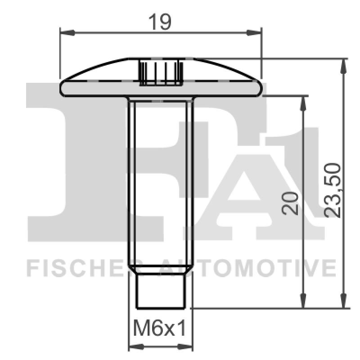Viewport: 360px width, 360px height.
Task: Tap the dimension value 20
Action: [x=292, y=204]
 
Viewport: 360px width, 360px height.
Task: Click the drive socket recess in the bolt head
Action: [x=160, y=72]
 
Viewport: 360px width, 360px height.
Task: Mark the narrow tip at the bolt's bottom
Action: [x=161, y=292]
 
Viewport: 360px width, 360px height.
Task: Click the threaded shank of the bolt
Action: [x=161, y=180]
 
